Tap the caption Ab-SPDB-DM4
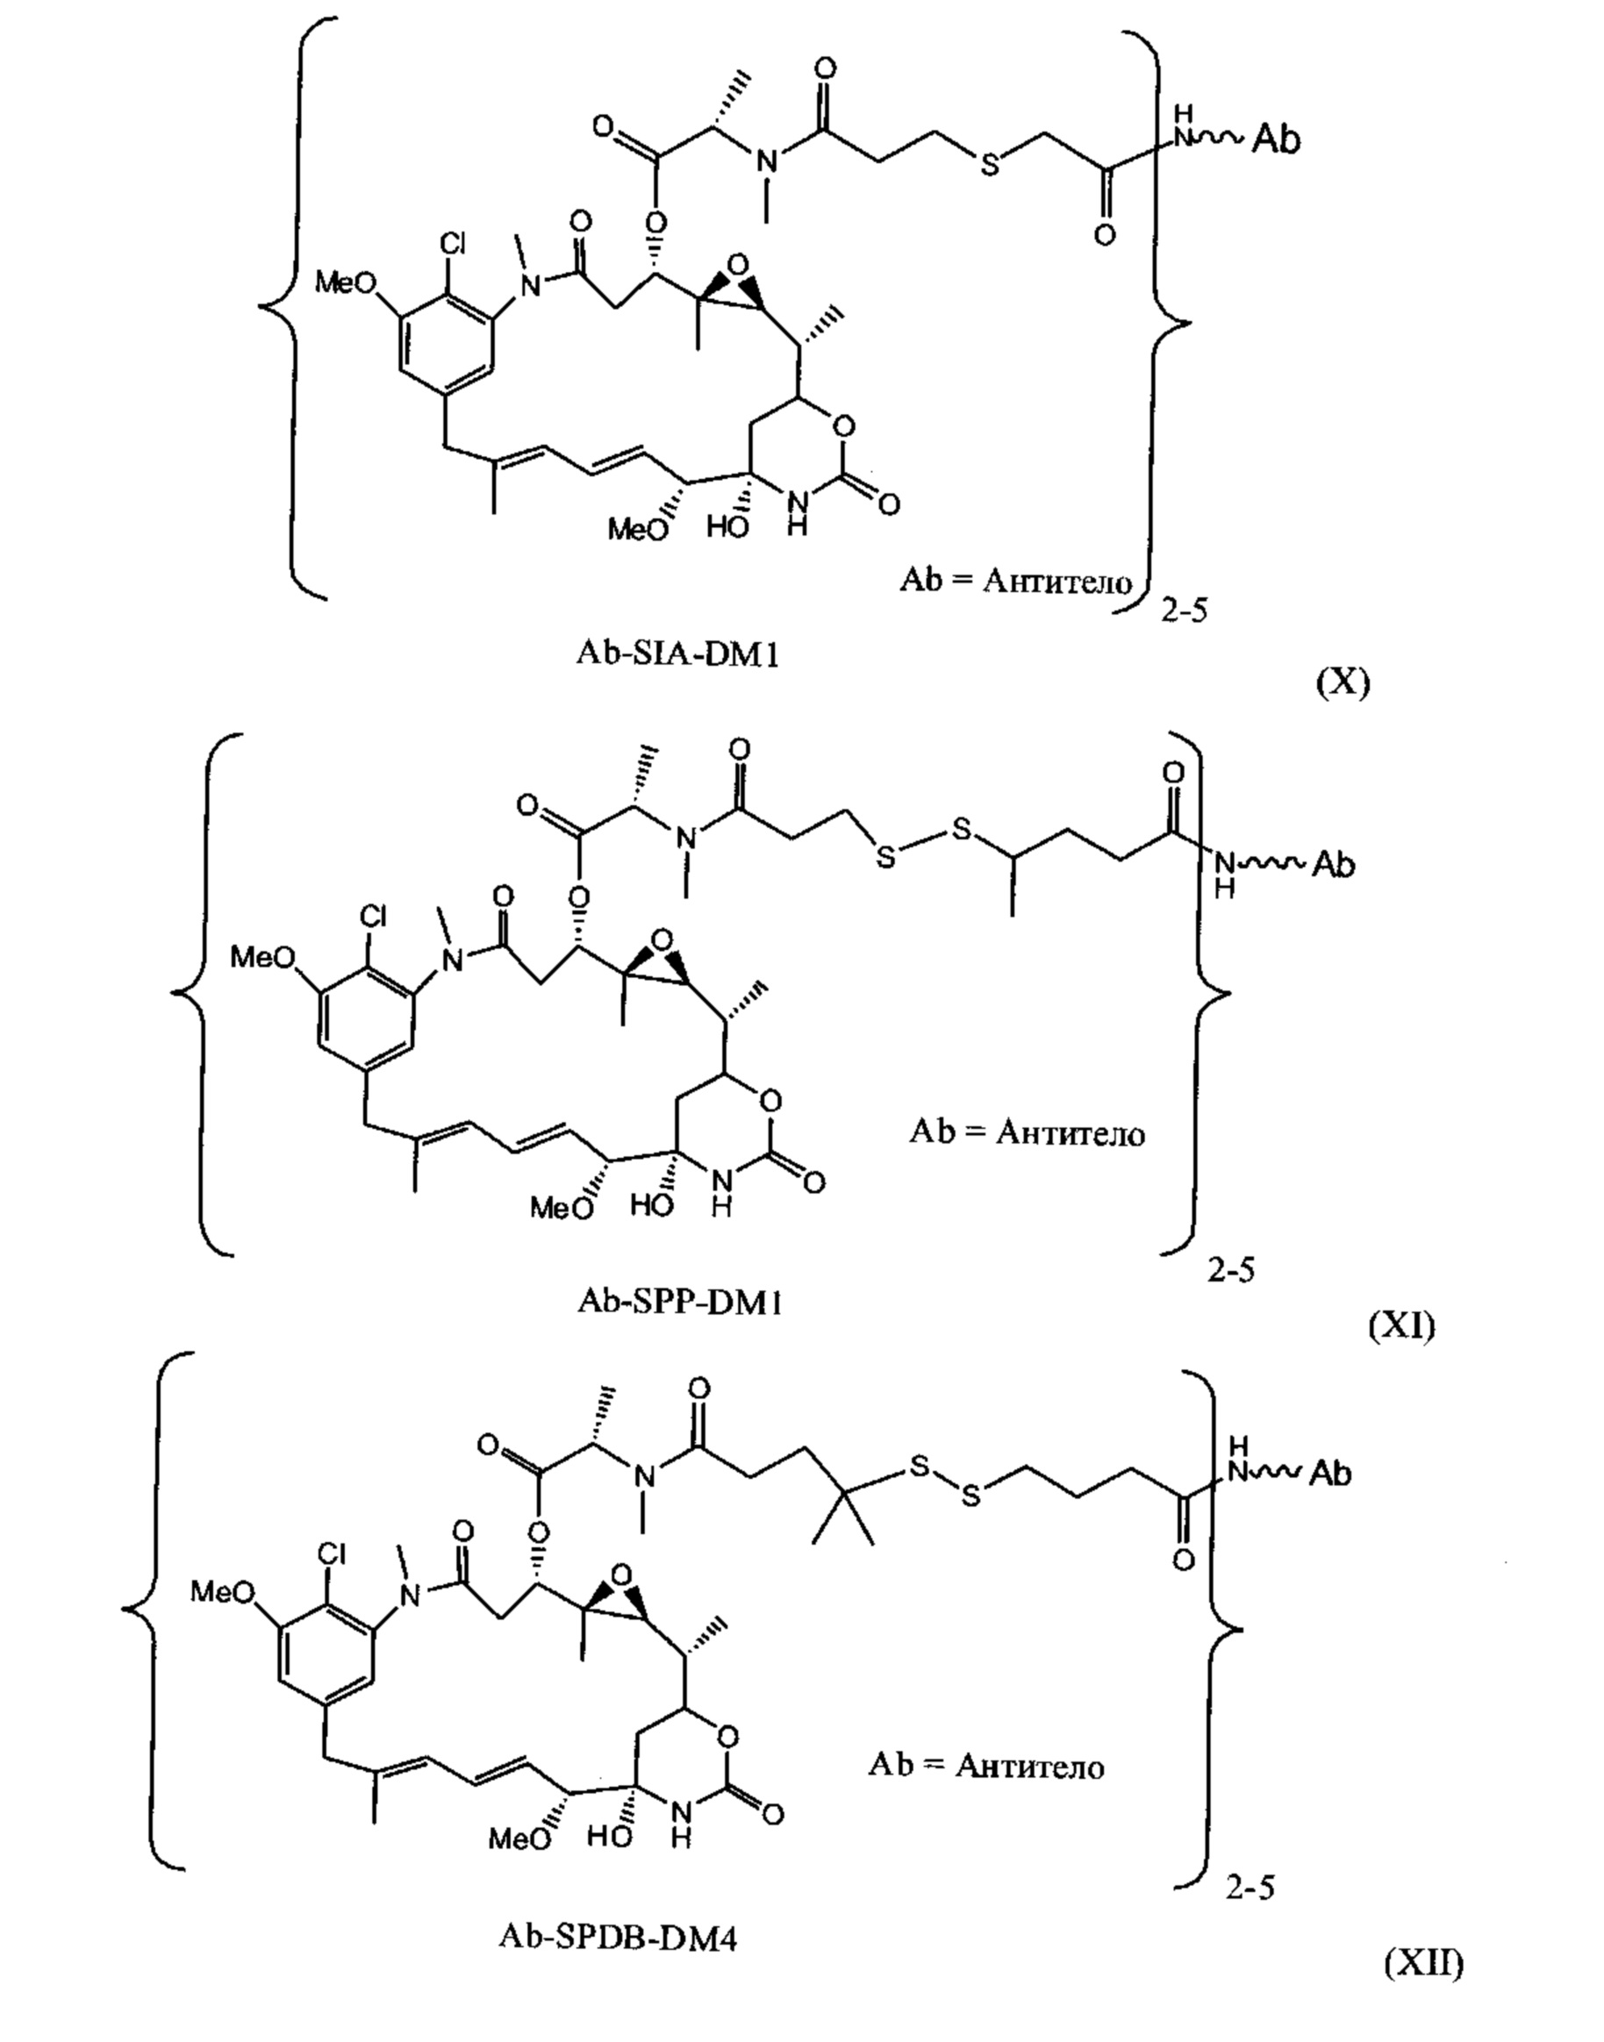click(x=618, y=1936)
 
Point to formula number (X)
click(x=1343, y=682)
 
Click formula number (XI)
click(x=1401, y=1324)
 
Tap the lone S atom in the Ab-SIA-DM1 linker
click(x=989, y=168)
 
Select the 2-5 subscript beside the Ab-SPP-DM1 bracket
click(x=1230, y=1271)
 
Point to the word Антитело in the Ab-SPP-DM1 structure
click(x=1071, y=1133)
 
